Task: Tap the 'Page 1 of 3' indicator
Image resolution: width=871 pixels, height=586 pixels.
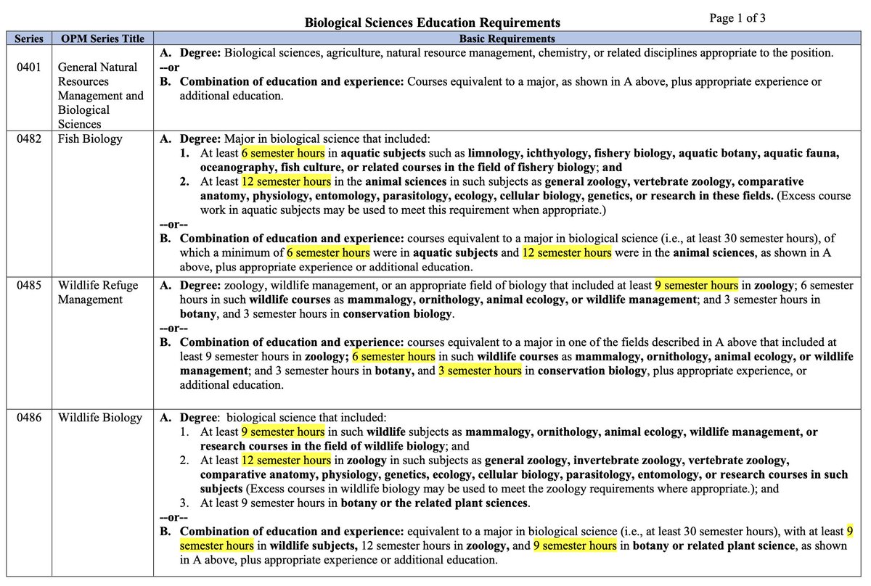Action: (737, 18)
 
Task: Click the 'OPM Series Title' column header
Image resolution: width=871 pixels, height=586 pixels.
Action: (102, 38)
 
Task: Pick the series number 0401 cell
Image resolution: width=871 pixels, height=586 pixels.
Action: (30, 67)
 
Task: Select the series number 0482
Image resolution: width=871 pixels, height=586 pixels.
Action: (30, 139)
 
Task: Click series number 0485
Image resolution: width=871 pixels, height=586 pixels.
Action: (30, 285)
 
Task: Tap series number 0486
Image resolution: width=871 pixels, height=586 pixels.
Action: (30, 417)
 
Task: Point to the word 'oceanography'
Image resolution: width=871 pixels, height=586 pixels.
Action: (235, 167)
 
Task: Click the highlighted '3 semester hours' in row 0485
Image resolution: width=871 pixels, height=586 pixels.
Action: (480, 371)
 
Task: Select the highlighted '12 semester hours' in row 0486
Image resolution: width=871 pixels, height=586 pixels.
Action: (286, 461)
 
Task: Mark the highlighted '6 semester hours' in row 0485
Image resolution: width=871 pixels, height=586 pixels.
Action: (393, 356)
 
